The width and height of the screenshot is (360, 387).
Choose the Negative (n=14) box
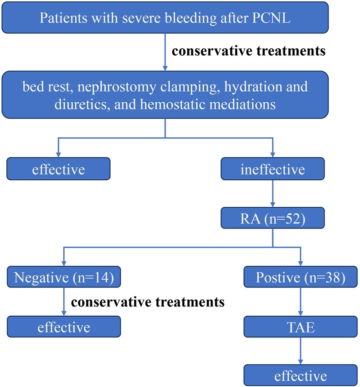click(x=64, y=278)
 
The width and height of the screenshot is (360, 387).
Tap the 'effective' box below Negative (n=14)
click(x=64, y=327)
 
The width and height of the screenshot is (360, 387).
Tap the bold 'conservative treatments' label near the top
click(x=249, y=51)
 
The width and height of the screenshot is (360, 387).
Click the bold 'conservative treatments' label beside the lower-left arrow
click(x=148, y=302)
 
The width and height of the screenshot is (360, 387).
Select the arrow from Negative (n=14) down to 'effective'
click(x=65, y=302)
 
